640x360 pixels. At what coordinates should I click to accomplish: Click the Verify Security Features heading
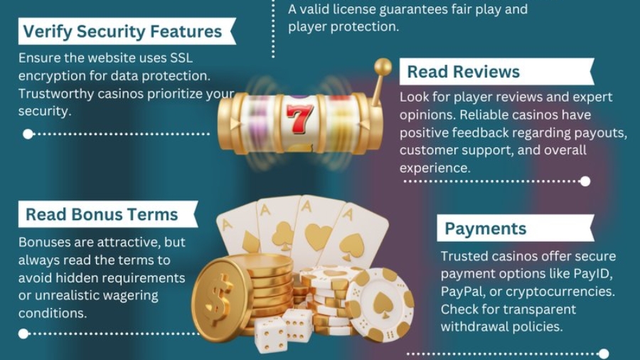point(122,31)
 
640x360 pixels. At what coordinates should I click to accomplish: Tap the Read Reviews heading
point(463,72)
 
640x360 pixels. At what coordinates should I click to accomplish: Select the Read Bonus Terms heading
point(102,214)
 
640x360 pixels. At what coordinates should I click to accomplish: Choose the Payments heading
point(485,228)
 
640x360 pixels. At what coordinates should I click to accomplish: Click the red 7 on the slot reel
point(299,118)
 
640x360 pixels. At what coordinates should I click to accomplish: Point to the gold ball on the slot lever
point(383,67)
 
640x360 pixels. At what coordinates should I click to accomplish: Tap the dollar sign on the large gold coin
point(218,298)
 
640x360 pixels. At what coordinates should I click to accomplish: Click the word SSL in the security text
point(181,58)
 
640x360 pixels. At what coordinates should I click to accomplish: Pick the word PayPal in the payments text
point(459,292)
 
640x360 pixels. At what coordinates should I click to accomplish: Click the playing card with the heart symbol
point(319,228)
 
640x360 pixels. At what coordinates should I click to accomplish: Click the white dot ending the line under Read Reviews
point(585,181)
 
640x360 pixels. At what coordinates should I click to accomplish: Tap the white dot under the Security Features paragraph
point(28,134)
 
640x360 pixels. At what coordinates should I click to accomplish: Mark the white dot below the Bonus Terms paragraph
point(23,334)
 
